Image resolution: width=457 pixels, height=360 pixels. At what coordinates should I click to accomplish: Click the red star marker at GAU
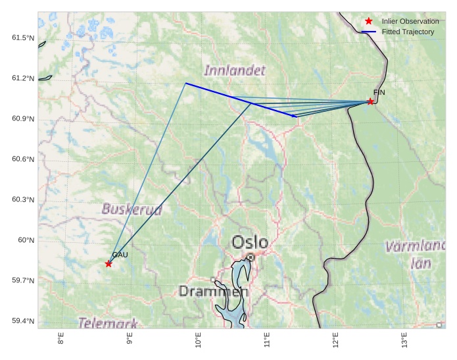(108, 264)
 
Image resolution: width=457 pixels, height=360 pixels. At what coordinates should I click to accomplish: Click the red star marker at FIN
(370, 101)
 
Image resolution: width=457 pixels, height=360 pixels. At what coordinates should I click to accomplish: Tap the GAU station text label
(119, 255)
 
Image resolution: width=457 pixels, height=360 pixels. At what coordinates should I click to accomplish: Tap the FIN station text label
(379, 93)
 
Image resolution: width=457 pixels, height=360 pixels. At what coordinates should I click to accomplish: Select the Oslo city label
(250, 242)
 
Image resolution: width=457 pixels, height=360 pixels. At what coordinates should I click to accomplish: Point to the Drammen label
(213, 291)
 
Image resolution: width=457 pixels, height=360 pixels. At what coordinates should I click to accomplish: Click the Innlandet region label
(235, 70)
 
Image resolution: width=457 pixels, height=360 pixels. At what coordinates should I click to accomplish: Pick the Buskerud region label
(132, 209)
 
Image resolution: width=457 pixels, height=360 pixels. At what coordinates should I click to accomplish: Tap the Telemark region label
(108, 323)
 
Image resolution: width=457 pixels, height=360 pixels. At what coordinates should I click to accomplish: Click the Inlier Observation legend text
(410, 22)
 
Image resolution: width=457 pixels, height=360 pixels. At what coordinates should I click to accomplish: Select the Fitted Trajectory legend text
(408, 32)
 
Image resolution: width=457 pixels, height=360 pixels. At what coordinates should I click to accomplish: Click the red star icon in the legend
(368, 22)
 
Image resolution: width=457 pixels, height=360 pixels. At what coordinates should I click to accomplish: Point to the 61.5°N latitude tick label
(23, 38)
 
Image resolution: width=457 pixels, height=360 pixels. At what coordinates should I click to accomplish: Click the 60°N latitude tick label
(26, 240)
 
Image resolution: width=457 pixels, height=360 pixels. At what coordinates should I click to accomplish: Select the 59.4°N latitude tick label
(23, 321)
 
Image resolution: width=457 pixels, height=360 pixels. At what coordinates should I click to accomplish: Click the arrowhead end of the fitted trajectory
(293, 116)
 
